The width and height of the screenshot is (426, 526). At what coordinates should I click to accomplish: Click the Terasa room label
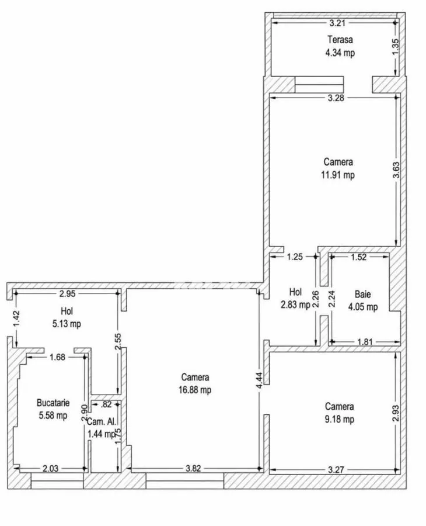pyautogui.click(x=340, y=40)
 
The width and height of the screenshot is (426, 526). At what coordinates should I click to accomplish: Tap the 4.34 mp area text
pyautogui.click(x=340, y=53)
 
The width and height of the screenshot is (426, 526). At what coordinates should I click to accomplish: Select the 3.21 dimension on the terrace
pyautogui.click(x=337, y=23)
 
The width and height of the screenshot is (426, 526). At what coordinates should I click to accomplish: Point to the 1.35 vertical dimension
pyautogui.click(x=395, y=47)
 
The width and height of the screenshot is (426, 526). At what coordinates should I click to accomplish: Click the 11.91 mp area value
pyautogui.click(x=338, y=175)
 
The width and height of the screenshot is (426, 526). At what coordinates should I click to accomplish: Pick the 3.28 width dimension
pyautogui.click(x=336, y=98)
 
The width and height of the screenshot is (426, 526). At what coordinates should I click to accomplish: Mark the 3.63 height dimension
pyautogui.click(x=396, y=171)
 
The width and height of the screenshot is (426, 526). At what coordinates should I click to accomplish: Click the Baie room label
pyautogui.click(x=363, y=294)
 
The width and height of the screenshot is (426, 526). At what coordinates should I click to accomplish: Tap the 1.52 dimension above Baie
pyautogui.click(x=359, y=257)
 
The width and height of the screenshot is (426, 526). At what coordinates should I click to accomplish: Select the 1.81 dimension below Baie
pyautogui.click(x=365, y=342)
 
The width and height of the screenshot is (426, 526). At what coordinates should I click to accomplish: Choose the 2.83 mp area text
pyautogui.click(x=295, y=304)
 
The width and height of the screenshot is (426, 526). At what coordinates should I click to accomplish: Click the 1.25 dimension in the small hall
pyautogui.click(x=295, y=257)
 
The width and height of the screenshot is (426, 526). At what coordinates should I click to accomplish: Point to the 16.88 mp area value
pyautogui.click(x=195, y=390)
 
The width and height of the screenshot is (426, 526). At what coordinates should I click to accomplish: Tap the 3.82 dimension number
pyautogui.click(x=193, y=468)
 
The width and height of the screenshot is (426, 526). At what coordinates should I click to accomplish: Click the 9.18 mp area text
pyautogui.click(x=339, y=419)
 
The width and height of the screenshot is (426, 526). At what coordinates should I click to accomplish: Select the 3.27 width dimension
pyautogui.click(x=336, y=470)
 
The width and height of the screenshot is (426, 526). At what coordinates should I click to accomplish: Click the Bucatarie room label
pyautogui.click(x=53, y=403)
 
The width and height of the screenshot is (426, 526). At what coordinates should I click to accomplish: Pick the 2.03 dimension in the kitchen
pyautogui.click(x=50, y=468)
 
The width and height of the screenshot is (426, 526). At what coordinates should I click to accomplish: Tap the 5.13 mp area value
pyautogui.click(x=67, y=324)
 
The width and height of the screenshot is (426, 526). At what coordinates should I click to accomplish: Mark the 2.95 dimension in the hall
pyautogui.click(x=67, y=293)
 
